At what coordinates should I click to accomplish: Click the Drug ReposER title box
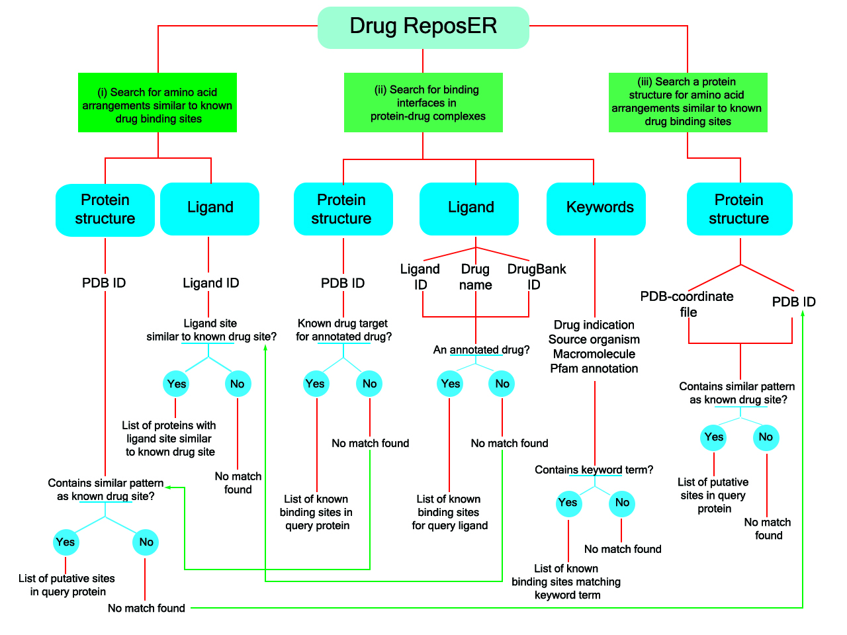423,27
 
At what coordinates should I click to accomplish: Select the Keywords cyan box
596,208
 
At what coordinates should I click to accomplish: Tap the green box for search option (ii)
423,103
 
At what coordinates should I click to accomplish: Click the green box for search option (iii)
688,102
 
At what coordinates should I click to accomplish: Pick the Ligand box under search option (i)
210,208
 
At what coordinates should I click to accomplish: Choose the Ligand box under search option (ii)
469,208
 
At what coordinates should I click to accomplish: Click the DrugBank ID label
536,276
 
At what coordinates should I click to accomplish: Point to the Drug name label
475,276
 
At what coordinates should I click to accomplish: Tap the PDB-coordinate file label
687,304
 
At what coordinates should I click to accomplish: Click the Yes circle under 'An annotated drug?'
450,384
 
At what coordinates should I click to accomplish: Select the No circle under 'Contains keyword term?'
622,503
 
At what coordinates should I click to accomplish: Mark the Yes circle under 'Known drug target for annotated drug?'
316,384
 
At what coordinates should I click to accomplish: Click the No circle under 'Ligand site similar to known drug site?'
238,384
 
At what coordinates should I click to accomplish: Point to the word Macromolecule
594,354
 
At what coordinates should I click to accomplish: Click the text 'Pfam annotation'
594,368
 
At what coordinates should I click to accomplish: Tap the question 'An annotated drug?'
481,350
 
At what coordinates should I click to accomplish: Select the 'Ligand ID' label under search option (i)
210,283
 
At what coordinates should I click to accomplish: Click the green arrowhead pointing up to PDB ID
803,313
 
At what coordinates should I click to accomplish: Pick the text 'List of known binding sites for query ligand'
449,512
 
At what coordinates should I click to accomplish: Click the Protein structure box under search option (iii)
739,209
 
